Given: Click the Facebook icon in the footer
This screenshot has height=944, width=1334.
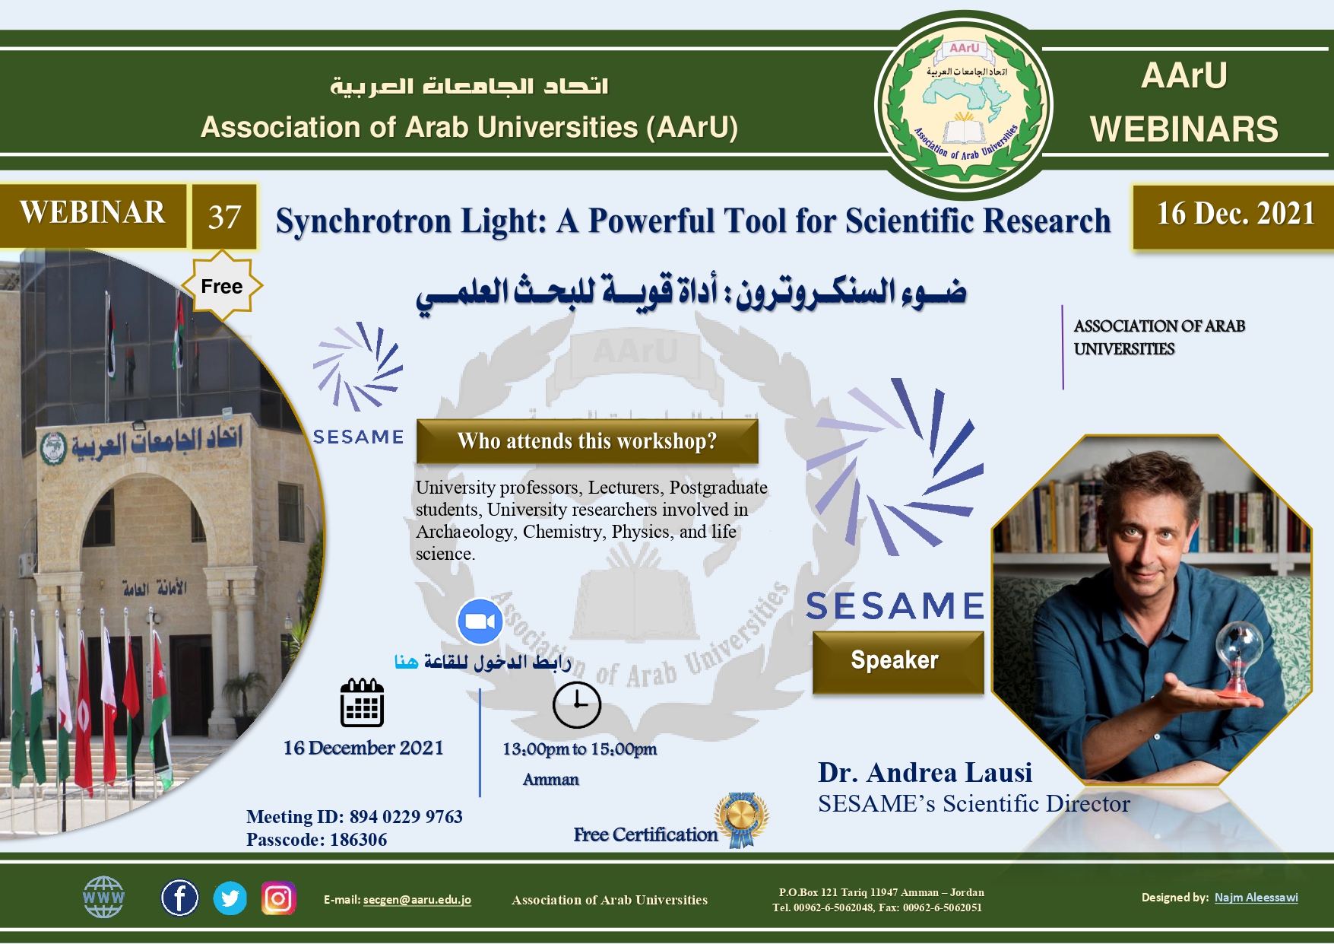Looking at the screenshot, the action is tap(179, 898).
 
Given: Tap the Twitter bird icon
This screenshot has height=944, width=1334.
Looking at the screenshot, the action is tap(230, 898).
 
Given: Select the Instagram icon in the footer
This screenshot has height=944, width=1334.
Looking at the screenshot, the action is tap(278, 898).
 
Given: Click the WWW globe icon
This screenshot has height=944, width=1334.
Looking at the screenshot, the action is tap(103, 897).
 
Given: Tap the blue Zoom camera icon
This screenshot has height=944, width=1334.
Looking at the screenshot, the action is tap(480, 621).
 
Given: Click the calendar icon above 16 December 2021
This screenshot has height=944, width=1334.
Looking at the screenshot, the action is tap(362, 702).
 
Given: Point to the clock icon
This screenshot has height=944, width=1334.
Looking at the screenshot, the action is tap(577, 705).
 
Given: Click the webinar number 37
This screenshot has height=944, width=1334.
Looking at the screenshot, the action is tap(224, 217).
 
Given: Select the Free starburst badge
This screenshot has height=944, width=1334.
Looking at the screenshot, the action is tap(222, 287).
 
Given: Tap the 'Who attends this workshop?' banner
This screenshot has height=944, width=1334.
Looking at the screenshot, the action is tap(587, 441).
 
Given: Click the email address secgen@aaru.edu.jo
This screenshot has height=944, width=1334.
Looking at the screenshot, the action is tap(417, 900).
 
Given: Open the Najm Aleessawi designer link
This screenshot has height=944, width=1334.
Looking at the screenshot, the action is tap(1256, 898).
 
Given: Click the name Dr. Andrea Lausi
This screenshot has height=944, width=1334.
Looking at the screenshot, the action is tap(925, 773).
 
